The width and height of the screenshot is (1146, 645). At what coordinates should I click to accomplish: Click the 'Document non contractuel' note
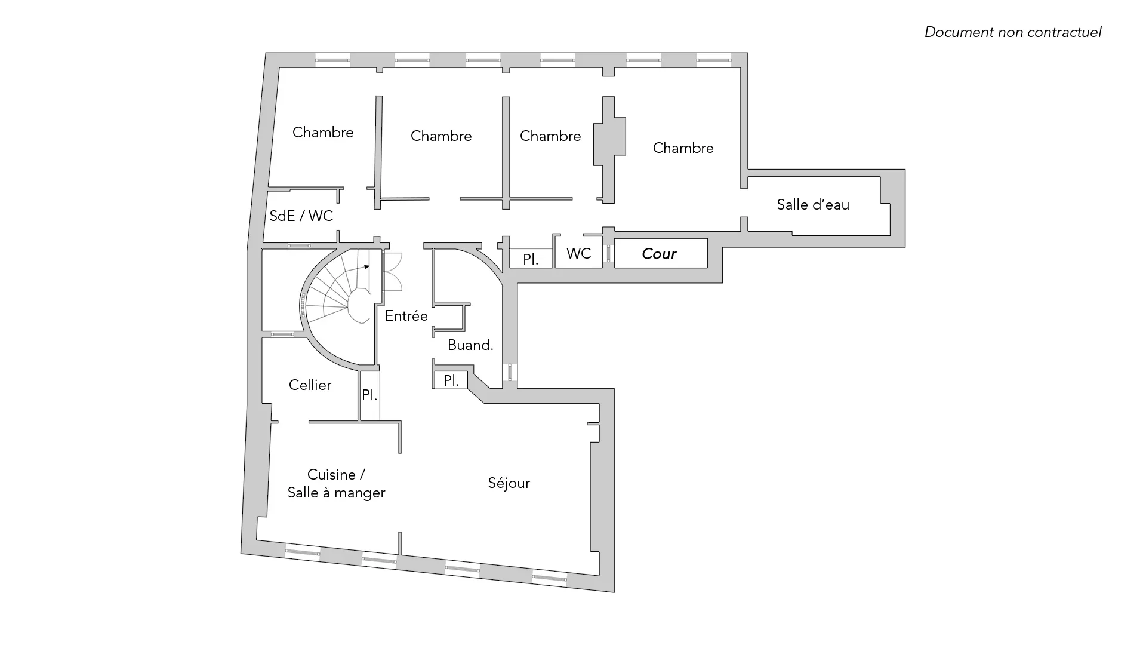[x=1012, y=32]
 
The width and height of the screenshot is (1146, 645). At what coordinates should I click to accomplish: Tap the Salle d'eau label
[x=812, y=205]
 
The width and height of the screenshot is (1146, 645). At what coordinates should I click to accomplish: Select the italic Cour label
[x=659, y=254]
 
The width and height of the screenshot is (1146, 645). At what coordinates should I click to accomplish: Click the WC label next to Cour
[x=578, y=254]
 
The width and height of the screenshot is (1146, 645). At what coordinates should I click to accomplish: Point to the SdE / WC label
[x=301, y=216]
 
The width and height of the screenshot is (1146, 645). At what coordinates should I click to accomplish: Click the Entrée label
[x=406, y=316]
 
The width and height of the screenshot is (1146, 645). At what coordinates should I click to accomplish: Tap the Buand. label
[x=470, y=345]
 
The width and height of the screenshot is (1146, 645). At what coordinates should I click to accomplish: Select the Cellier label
[x=310, y=385]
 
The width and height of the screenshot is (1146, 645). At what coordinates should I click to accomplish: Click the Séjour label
[x=509, y=483]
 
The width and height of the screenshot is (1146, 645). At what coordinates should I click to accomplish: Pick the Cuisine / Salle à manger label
[x=336, y=484]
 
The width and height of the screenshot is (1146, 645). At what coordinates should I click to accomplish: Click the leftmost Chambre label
[x=322, y=133]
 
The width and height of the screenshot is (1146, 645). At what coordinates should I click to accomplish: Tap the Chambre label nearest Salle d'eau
[x=683, y=148]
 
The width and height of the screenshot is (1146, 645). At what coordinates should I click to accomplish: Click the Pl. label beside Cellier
[x=369, y=395]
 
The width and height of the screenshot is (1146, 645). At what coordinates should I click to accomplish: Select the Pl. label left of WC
[x=530, y=260]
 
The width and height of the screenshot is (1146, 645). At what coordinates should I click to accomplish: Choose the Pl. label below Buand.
[x=451, y=380]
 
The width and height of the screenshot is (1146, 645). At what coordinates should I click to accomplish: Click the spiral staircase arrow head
[x=367, y=267]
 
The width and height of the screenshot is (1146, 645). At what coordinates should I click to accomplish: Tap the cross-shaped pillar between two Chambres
[x=609, y=149]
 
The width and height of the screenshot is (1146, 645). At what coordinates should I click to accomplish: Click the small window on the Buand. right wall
[x=510, y=372]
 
